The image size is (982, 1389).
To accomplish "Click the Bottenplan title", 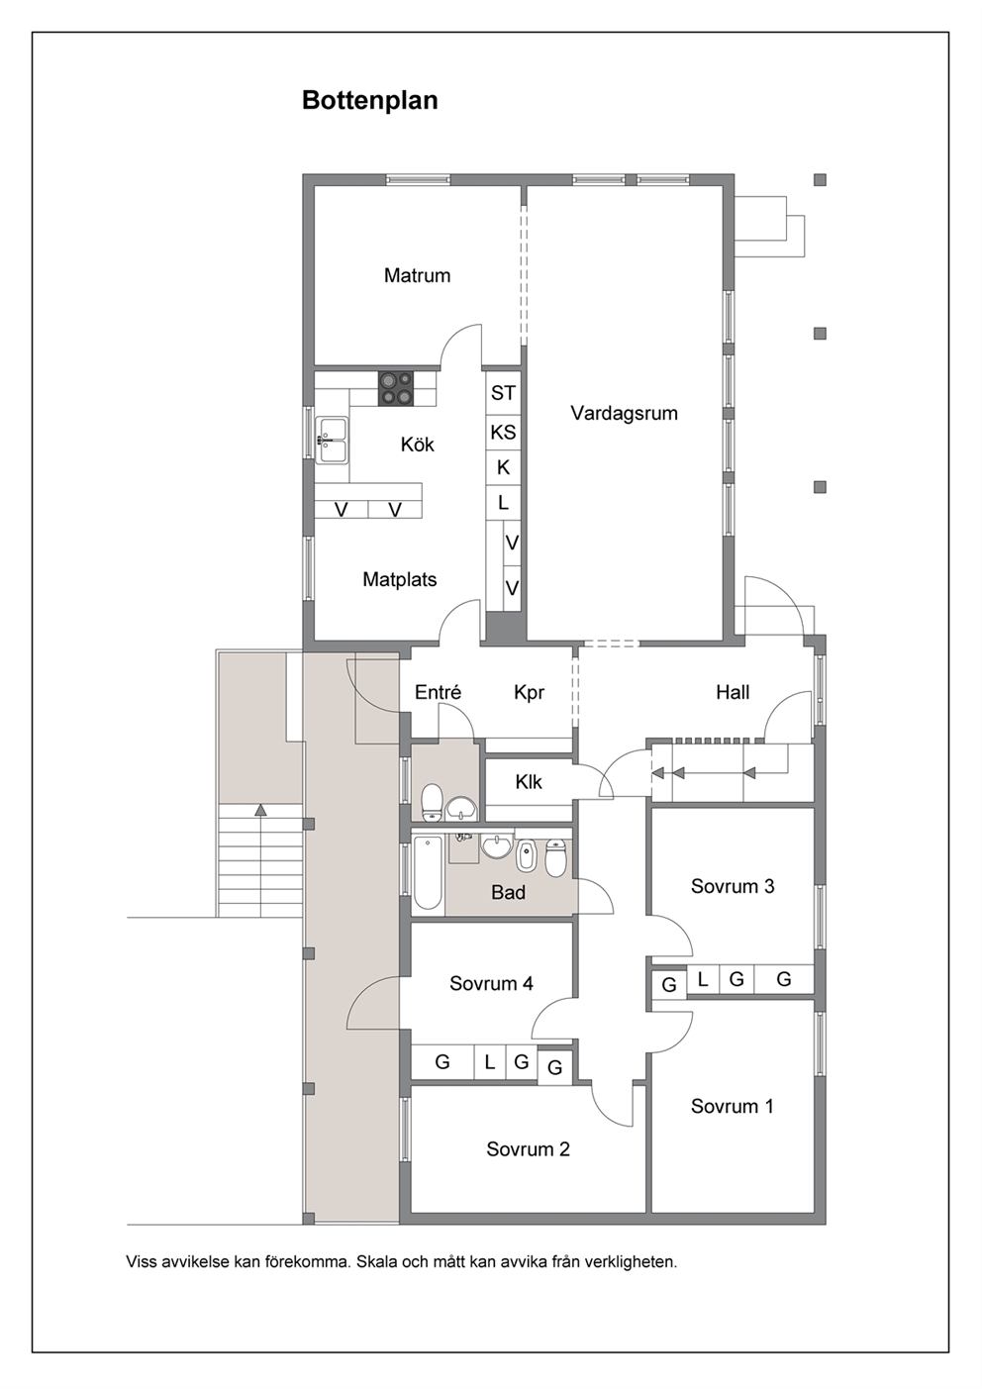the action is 369,100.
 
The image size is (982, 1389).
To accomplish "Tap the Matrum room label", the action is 417,275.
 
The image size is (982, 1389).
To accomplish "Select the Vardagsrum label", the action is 625,414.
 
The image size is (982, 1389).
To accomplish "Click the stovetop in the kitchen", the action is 397,388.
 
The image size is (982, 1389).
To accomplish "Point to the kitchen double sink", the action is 332,441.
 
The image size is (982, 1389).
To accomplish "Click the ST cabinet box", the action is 503,392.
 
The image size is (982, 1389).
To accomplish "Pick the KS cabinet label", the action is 503,433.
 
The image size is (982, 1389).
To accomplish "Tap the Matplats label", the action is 400,580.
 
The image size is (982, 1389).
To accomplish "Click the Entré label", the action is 438,692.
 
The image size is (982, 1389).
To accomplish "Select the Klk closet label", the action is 529,782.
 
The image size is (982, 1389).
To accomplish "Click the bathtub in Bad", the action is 428,872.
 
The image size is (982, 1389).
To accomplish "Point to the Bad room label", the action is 509,892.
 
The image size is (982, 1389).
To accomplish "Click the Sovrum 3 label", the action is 733,887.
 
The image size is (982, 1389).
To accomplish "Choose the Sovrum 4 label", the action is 492,983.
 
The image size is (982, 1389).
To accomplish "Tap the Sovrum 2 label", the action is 529,1149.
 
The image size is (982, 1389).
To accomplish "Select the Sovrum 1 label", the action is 733,1106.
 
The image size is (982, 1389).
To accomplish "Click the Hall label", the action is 733,692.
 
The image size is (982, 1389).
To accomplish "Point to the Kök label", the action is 417,445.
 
